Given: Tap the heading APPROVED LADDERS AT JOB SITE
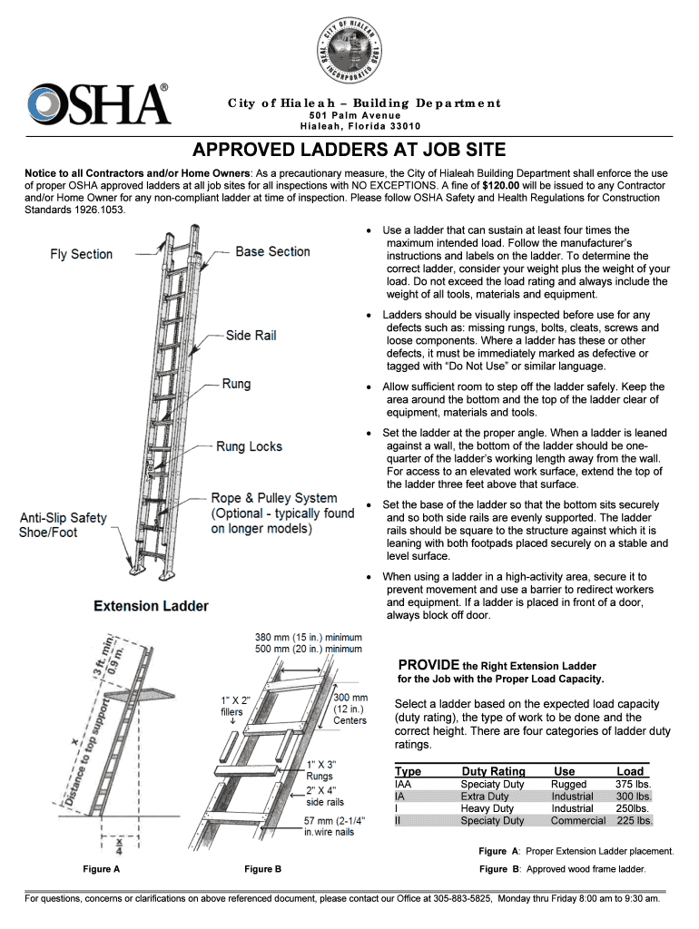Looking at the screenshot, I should point(349,150).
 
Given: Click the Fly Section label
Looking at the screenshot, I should point(81,254).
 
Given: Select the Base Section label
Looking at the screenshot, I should point(272,251).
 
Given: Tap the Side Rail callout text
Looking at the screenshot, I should point(251,336).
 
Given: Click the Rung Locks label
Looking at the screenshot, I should point(249,446).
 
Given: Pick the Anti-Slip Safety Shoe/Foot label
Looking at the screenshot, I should point(63,524).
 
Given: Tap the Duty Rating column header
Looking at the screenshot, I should point(493,771).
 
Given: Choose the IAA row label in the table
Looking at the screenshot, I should point(404,784).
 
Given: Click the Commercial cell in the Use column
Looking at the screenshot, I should point(577,820).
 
